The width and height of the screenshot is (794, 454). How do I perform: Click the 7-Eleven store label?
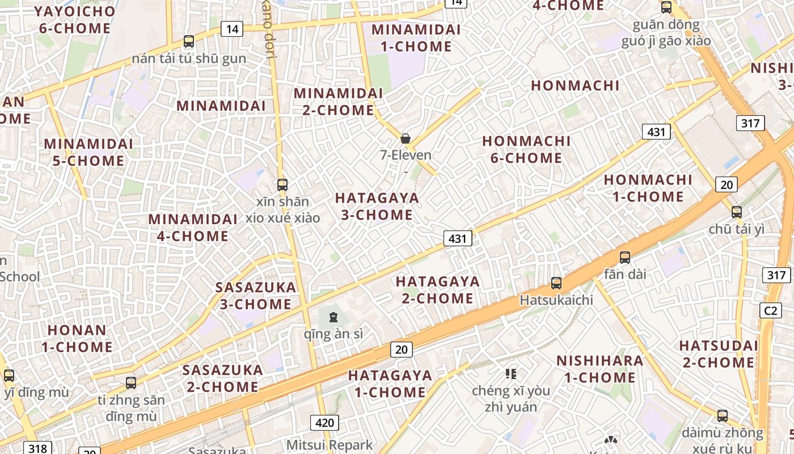pyautogui.click(x=406, y=155)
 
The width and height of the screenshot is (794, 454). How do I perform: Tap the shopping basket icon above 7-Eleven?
pyautogui.click(x=406, y=138)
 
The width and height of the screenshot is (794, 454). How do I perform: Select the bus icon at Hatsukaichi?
pyautogui.click(x=556, y=283)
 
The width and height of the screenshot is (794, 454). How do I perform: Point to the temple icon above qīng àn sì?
pyautogui.click(x=333, y=317)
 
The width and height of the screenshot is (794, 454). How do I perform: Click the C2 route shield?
pyautogui.click(x=770, y=310)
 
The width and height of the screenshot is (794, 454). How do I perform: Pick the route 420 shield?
pyautogui.click(x=324, y=422)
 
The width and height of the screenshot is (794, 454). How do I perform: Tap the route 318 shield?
pyautogui.click(x=37, y=448)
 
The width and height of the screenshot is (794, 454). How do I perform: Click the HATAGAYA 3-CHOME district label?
pyautogui.click(x=377, y=207)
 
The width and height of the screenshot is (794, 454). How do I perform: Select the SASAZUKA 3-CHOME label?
pyautogui.click(x=256, y=296)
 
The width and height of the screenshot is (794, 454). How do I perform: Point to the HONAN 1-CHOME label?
pyautogui.click(x=77, y=338)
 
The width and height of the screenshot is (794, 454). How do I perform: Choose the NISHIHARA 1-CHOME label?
pyautogui.click(x=599, y=369)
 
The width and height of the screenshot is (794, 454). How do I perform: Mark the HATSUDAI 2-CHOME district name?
pyautogui.click(x=719, y=354)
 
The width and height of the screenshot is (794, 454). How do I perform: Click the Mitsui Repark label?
pyautogui.click(x=330, y=445)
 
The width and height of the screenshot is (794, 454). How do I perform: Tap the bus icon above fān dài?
pyautogui.click(x=625, y=257)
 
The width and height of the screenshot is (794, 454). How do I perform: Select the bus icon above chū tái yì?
pyautogui.click(x=737, y=212)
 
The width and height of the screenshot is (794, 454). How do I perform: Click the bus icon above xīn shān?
pyautogui.click(x=282, y=184)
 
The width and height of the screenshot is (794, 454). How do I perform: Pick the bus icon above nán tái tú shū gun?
pyautogui.click(x=189, y=41)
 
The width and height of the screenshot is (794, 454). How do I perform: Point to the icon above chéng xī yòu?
pyautogui.click(x=511, y=373)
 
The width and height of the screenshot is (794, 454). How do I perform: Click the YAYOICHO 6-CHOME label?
pyautogui.click(x=74, y=19)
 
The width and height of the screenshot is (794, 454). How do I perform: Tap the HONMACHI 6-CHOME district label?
pyautogui.click(x=526, y=149)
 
